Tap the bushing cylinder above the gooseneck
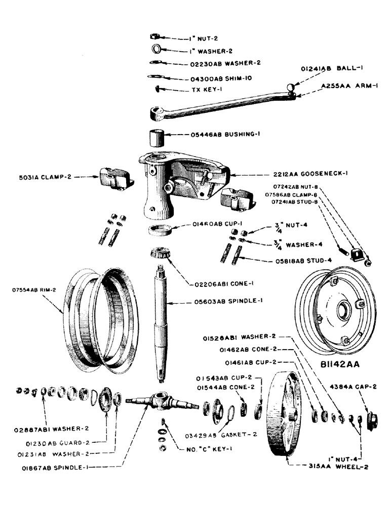pos(156,137)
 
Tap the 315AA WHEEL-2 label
pos(334,467)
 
